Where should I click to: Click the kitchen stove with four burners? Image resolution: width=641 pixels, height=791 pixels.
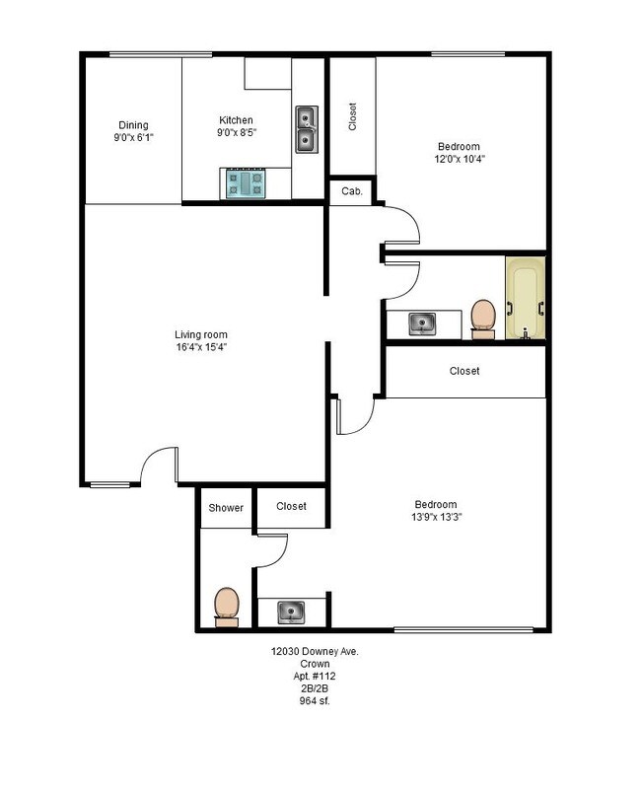pyautogui.click(x=247, y=183)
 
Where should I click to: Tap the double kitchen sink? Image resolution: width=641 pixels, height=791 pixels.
pyautogui.click(x=308, y=129)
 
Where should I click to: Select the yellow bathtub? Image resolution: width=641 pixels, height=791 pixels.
pyautogui.click(x=526, y=299)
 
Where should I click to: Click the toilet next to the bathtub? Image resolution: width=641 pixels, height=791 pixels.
pyautogui.click(x=483, y=319)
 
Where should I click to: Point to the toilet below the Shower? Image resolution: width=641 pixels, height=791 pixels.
pyautogui.click(x=226, y=606)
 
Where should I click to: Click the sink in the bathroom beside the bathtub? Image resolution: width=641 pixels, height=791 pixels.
pyautogui.click(x=423, y=324)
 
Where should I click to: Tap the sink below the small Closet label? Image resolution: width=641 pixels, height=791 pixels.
pyautogui.click(x=290, y=612)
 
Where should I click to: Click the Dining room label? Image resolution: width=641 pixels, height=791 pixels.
pyautogui.click(x=133, y=125)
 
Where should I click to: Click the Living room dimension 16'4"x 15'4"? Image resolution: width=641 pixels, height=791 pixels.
pyautogui.click(x=201, y=347)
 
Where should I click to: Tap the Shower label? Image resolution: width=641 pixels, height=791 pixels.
pyautogui.click(x=225, y=507)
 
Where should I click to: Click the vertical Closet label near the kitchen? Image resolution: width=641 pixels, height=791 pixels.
pyautogui.click(x=352, y=116)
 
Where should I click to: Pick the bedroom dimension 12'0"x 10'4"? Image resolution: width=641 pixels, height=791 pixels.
pyautogui.click(x=460, y=158)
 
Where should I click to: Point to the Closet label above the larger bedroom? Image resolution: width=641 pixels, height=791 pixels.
pyautogui.click(x=464, y=371)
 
